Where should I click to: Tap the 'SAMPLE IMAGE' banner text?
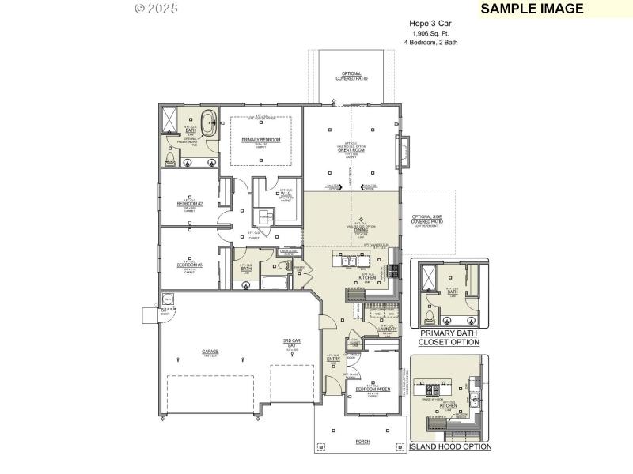532,9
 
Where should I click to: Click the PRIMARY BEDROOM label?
260,139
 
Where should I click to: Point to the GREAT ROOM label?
351,150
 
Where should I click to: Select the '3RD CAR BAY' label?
292,344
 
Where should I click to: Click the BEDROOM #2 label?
190,204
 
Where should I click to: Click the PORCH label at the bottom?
362,442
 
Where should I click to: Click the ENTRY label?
334,359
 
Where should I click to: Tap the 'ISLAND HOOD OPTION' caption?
450,446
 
